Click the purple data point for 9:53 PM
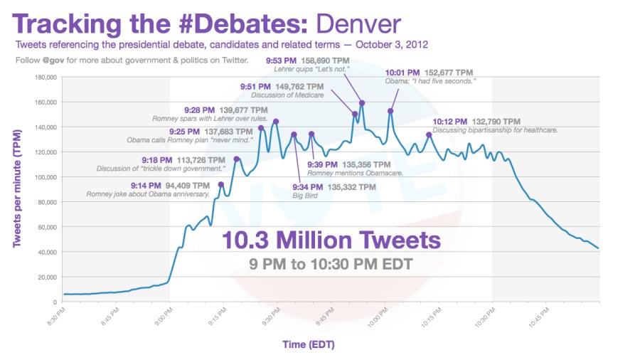[362, 103]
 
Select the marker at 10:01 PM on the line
[390, 111]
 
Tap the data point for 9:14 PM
[220, 184]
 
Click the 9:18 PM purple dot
[237, 159]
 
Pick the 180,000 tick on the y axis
[43, 77]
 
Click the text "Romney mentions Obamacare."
[355, 173]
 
